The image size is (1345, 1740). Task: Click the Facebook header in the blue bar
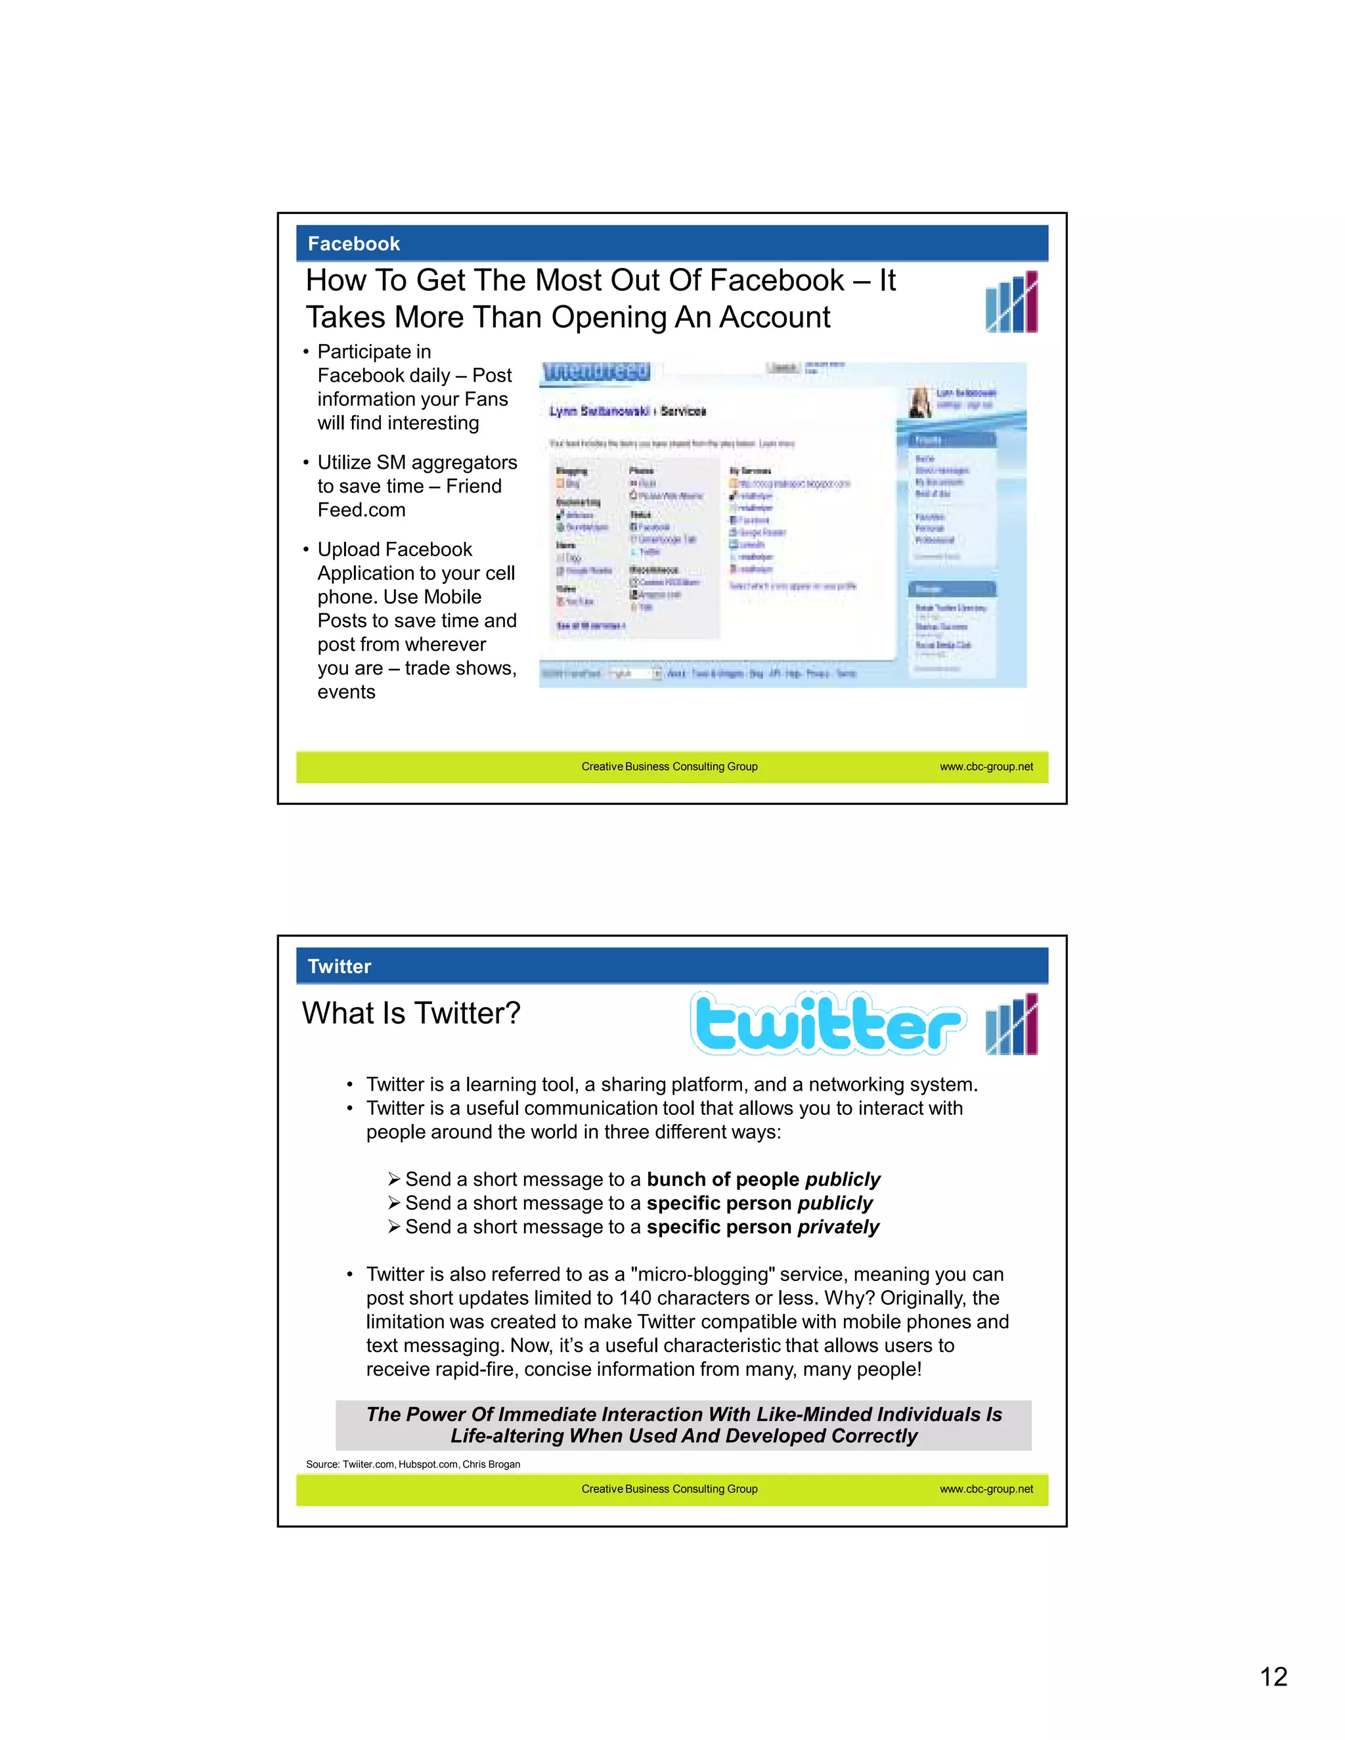[x=354, y=244]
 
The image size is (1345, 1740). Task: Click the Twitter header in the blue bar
[x=340, y=967]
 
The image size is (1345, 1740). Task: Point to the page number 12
[x=1273, y=1676]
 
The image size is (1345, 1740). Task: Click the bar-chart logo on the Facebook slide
[x=1011, y=302]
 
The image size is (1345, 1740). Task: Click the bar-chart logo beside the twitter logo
[x=1011, y=1024]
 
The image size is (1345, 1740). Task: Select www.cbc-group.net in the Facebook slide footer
[x=986, y=766]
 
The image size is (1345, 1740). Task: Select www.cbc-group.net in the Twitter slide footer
[x=986, y=1489]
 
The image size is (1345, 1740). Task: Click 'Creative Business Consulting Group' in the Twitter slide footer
[x=669, y=1489]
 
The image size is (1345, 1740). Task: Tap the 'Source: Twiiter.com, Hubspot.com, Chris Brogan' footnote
[x=412, y=1464]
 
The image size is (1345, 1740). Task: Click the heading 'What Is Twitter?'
[x=411, y=1013]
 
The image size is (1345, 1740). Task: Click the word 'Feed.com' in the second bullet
[x=361, y=510]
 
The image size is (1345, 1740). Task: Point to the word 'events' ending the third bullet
[x=346, y=691]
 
